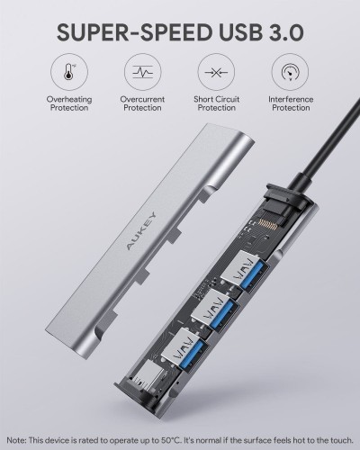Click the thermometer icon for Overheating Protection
point(69,72)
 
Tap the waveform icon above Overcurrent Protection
point(143,72)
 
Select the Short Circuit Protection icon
point(216,72)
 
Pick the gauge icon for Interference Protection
point(290,72)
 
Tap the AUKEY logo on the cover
point(141,230)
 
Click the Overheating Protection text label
point(69,103)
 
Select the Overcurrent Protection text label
point(142,103)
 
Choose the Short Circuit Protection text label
point(217,103)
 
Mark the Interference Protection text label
point(291,103)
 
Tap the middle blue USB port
point(215,310)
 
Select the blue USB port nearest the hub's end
point(185,349)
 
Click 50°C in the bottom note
point(169,440)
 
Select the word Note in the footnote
point(16,440)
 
